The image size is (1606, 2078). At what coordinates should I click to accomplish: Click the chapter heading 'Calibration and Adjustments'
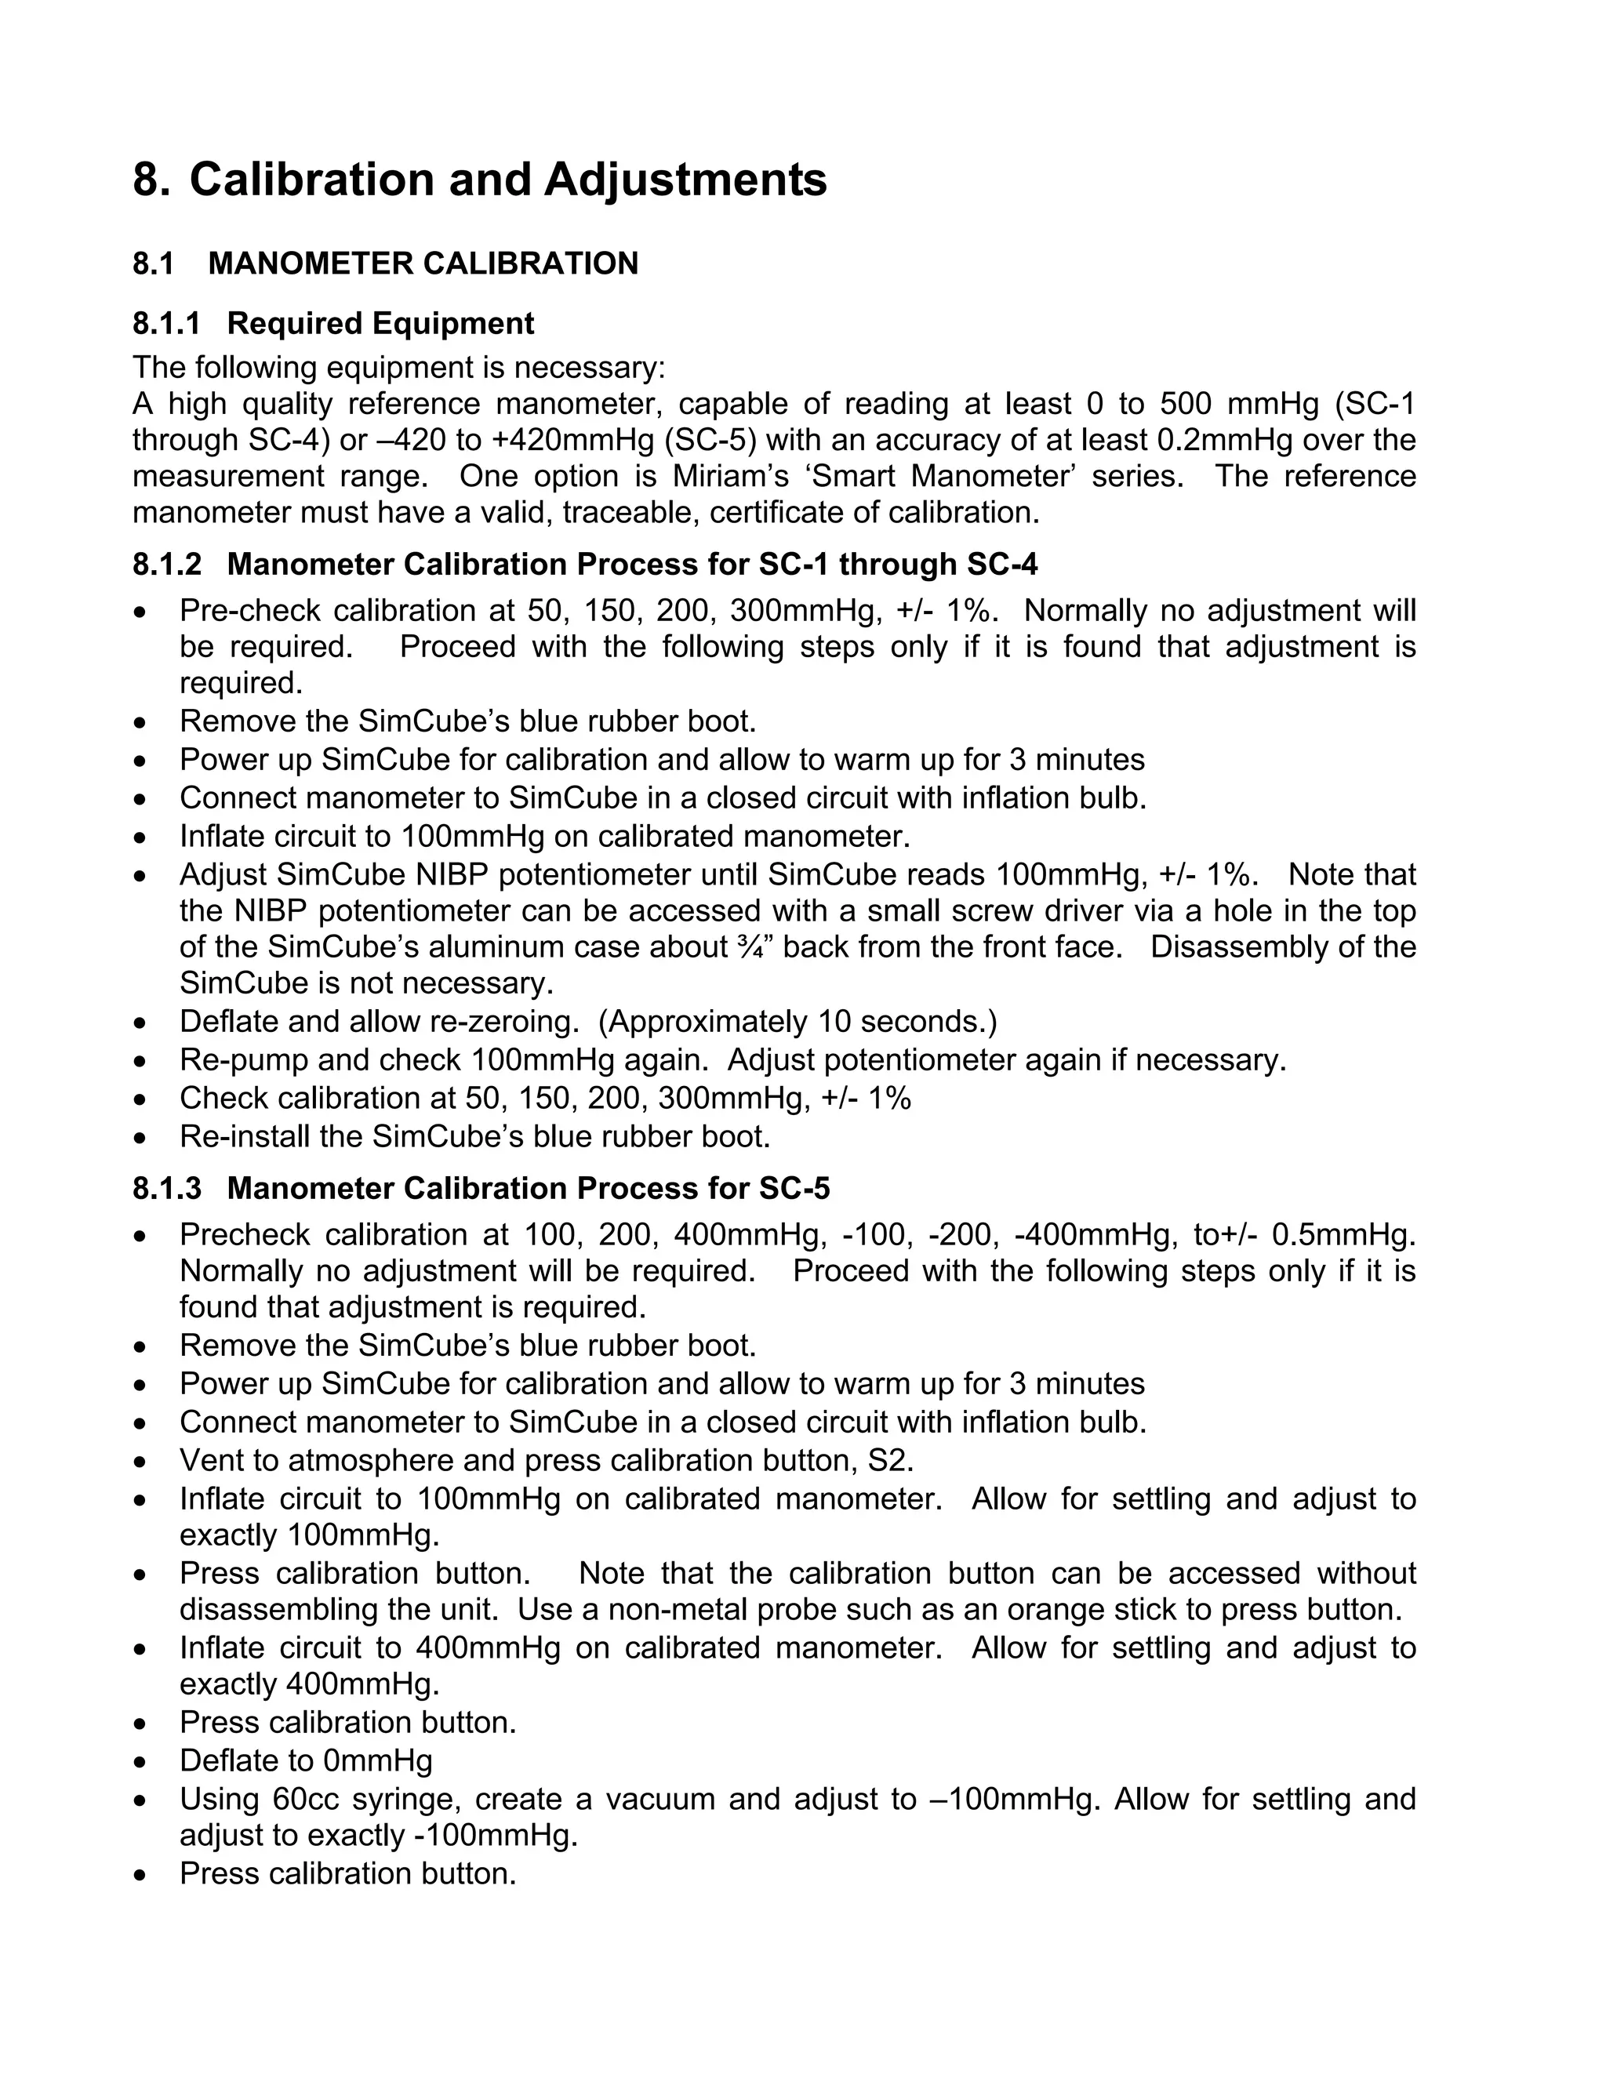[507, 180]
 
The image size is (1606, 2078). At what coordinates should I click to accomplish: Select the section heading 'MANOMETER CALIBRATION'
[423, 263]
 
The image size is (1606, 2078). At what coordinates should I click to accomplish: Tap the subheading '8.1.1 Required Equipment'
[333, 324]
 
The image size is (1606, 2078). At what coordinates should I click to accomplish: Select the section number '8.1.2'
[166, 565]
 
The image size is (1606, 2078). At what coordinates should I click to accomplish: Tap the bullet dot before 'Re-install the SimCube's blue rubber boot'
[141, 1138]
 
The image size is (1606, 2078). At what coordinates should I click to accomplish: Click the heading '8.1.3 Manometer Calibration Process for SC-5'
[481, 1188]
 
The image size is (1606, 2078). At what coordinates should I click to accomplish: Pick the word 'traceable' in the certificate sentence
[629, 513]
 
